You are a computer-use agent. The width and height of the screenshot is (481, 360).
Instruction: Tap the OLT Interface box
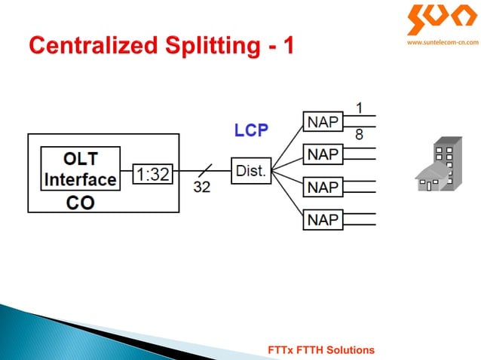click(x=80, y=169)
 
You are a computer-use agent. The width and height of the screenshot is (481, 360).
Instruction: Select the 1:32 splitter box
click(x=152, y=175)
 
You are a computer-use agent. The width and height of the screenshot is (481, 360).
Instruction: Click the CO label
click(x=80, y=203)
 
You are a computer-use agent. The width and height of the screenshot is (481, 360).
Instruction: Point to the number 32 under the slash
click(x=201, y=188)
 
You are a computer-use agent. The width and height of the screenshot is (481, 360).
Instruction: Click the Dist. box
click(x=250, y=171)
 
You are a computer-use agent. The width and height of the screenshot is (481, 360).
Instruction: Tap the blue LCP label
click(x=250, y=130)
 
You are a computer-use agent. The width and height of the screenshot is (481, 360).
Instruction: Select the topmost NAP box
click(x=322, y=121)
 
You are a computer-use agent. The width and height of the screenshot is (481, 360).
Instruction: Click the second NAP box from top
click(x=322, y=154)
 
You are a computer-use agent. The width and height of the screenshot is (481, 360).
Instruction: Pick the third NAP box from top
click(x=322, y=186)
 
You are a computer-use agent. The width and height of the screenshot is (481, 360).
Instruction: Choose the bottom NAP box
click(x=322, y=219)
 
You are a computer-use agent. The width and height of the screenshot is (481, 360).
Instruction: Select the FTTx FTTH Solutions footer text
click(x=321, y=350)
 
